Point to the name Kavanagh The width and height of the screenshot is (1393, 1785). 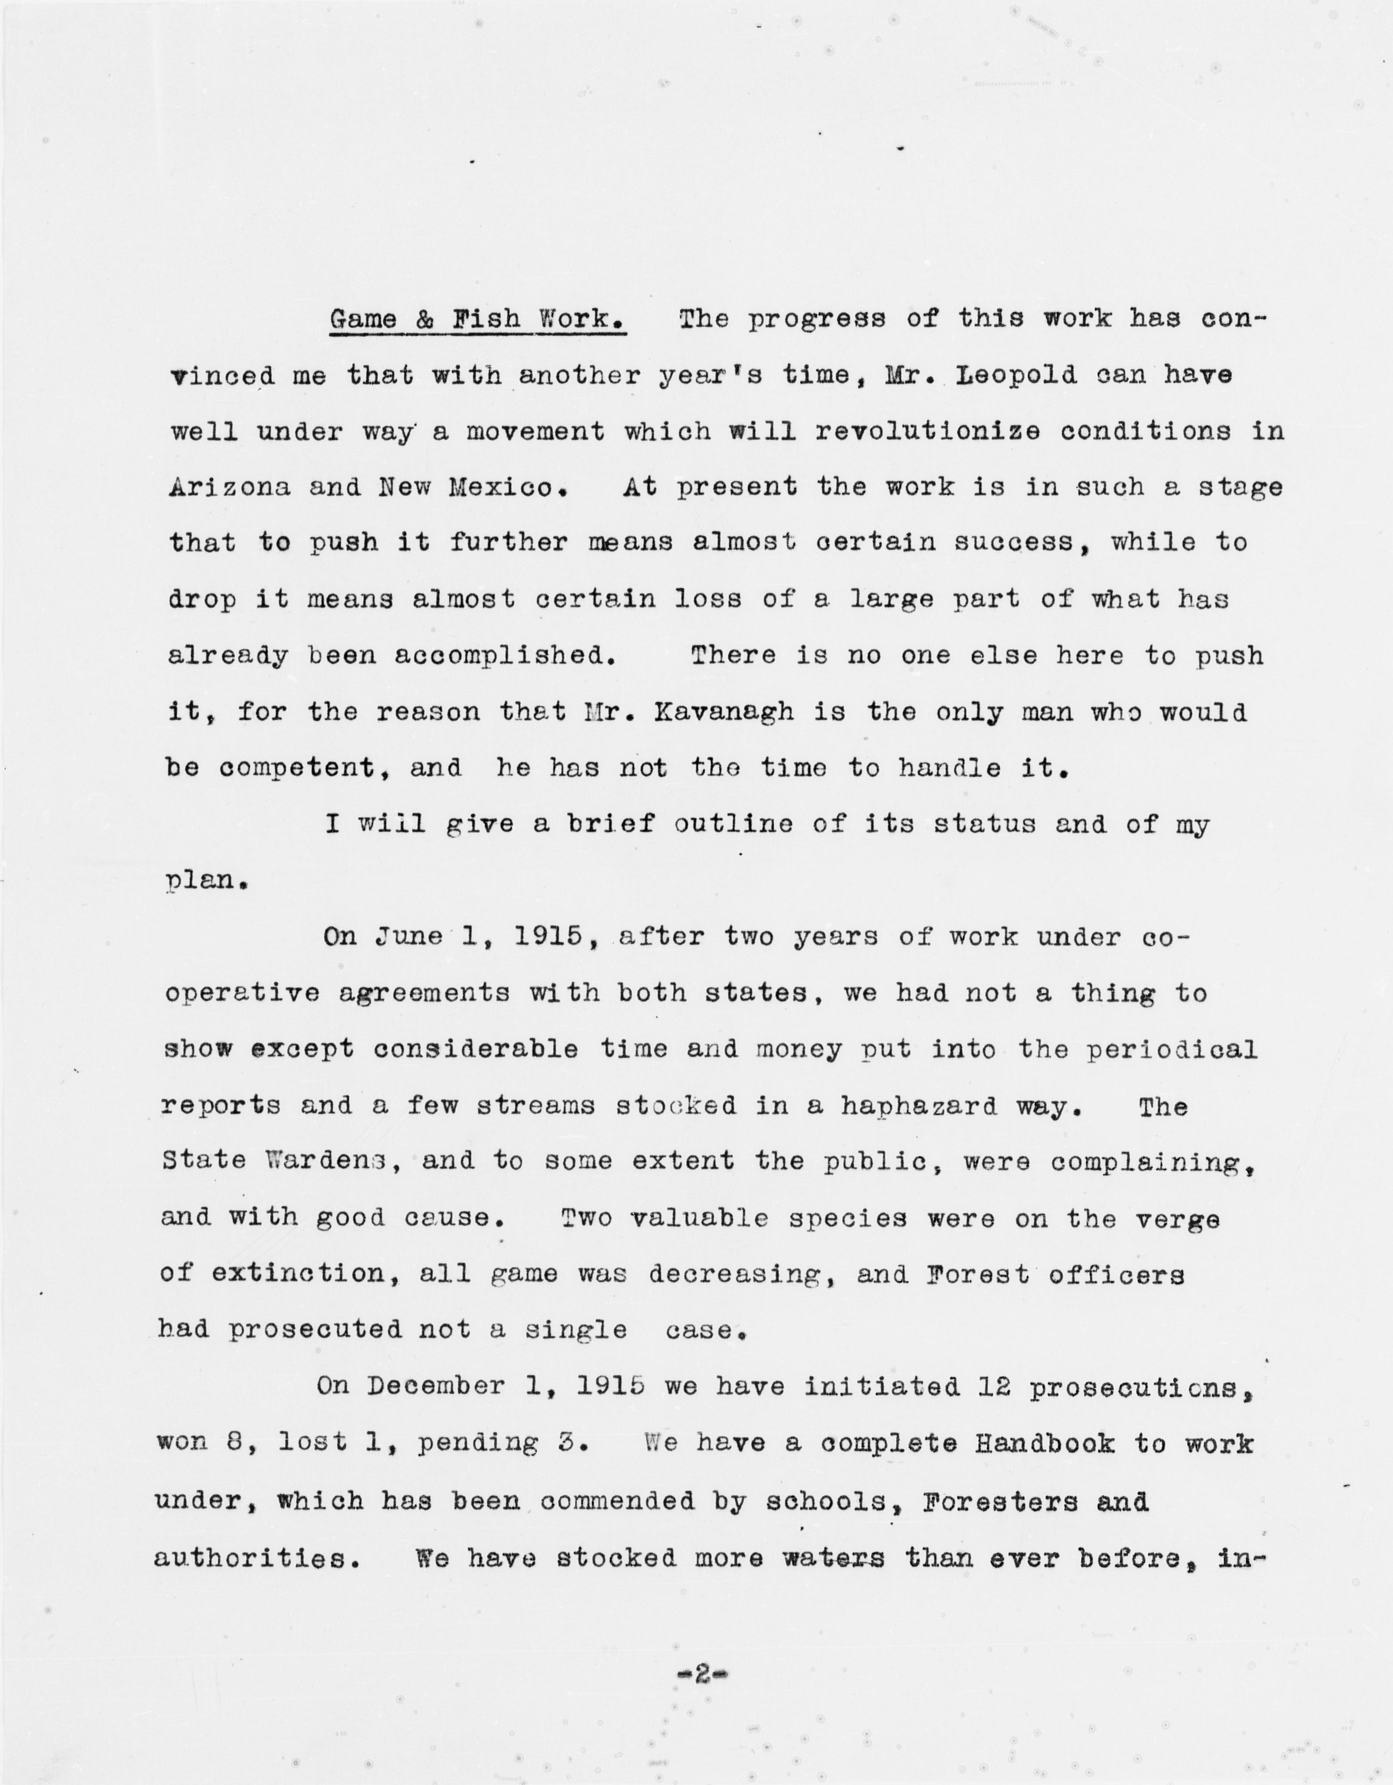click(x=723, y=712)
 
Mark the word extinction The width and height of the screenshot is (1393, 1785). click(x=298, y=1273)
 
